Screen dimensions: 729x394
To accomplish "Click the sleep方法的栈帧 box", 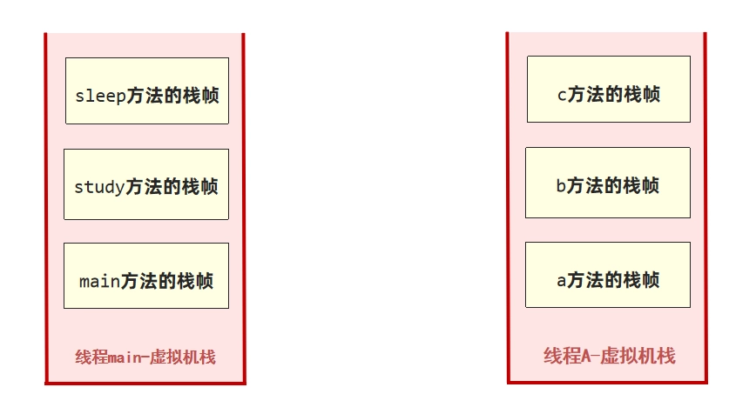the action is [147, 91].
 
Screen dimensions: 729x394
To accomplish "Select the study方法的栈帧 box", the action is [146, 184].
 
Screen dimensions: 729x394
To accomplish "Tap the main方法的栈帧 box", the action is [146, 276].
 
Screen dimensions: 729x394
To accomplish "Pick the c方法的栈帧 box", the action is [609, 89].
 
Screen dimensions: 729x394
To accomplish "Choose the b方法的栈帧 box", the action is [608, 183].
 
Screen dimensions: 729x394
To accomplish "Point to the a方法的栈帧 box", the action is [608, 275].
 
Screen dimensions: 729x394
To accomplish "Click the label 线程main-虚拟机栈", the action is [145, 357].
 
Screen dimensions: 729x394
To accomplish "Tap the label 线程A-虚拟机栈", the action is [610, 356].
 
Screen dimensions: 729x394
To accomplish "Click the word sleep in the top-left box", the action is [100, 96].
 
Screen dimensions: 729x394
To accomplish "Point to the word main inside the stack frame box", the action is [100, 281].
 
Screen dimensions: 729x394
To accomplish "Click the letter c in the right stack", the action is [562, 95].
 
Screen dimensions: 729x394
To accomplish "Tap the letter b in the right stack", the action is [561, 185].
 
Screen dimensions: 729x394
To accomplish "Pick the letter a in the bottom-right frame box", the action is [562, 281].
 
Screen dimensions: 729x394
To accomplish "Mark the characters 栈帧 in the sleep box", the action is [201, 96].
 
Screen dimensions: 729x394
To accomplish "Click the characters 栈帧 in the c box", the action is [642, 94].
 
